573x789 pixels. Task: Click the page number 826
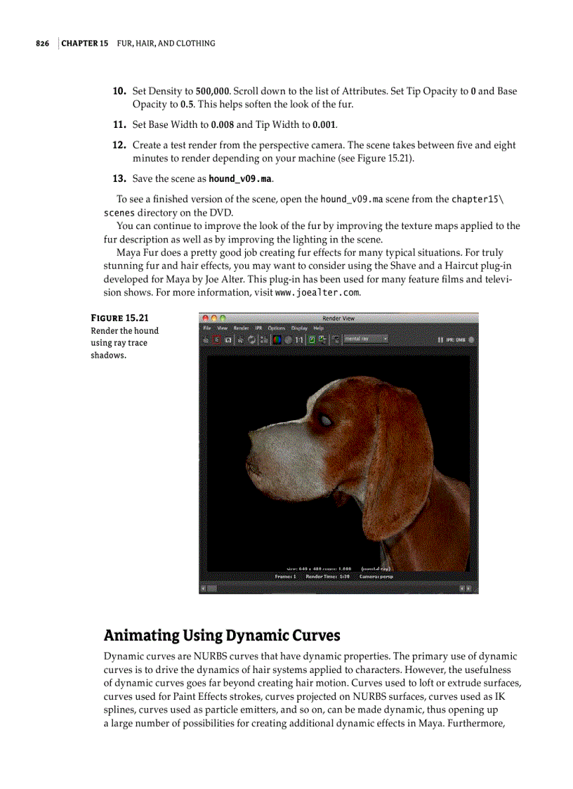click(42, 44)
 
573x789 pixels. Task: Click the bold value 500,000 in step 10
click(212, 91)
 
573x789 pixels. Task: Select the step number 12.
click(119, 145)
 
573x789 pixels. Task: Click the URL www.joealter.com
click(317, 292)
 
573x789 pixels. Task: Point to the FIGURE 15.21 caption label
click(119, 318)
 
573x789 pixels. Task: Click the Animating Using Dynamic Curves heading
click(222, 636)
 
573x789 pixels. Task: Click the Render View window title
click(338, 318)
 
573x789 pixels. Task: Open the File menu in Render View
click(206, 328)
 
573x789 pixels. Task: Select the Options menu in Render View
click(276, 328)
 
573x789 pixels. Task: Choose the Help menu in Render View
click(318, 328)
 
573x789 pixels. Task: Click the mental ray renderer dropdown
click(366, 339)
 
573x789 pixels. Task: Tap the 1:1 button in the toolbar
click(299, 339)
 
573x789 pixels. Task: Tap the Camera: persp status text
click(376, 576)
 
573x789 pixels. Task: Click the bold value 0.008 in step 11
click(223, 125)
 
